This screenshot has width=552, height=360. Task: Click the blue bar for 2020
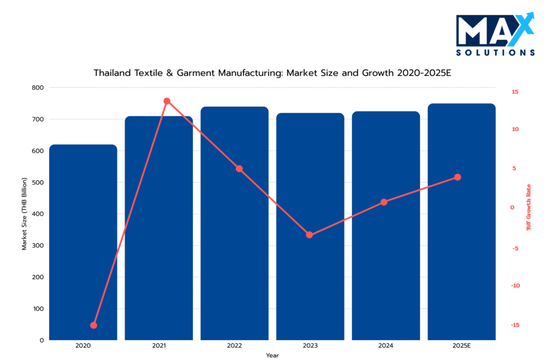click(x=83, y=243)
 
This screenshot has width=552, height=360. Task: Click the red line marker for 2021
click(x=167, y=101)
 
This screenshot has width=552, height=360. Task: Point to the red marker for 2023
click(x=309, y=235)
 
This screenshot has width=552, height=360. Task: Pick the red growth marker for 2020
click(x=94, y=326)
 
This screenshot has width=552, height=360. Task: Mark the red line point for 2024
click(x=384, y=203)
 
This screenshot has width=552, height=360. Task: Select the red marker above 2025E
click(x=458, y=177)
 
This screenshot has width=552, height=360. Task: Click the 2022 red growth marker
click(x=239, y=169)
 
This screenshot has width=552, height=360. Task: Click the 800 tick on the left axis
click(x=38, y=87)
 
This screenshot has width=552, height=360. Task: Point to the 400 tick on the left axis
click(x=38, y=214)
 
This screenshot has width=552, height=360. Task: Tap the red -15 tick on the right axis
click(x=515, y=325)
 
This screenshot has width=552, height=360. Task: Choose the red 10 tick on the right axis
click(x=515, y=129)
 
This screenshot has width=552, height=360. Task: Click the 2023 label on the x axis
click(x=310, y=345)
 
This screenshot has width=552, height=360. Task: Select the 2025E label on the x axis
click(x=461, y=345)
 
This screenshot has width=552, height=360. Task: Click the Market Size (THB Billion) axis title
click(x=24, y=214)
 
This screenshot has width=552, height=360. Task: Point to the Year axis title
click(x=272, y=355)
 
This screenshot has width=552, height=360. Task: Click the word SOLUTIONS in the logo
click(x=495, y=53)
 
